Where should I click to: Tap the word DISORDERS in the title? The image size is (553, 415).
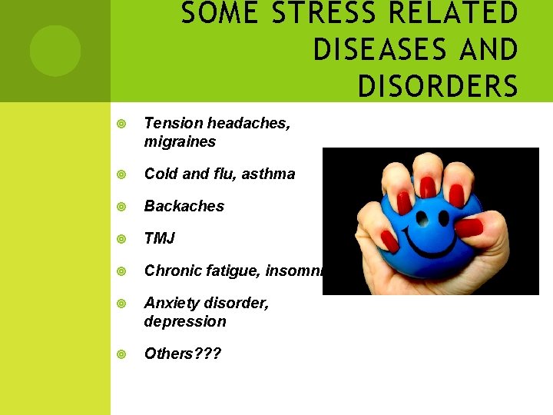pyautogui.click(x=438, y=86)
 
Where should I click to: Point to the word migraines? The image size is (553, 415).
pyautogui.click(x=180, y=142)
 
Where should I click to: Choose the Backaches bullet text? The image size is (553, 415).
pyautogui.click(x=184, y=206)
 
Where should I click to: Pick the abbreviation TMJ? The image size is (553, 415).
pyautogui.click(x=160, y=238)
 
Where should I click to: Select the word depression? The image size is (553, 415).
pyautogui.click(x=185, y=321)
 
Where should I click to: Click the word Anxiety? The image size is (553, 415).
pyautogui.click(x=170, y=303)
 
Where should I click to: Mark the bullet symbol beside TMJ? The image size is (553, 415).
pyautogui.click(x=121, y=239)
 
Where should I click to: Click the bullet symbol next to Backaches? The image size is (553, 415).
pyautogui.click(x=121, y=207)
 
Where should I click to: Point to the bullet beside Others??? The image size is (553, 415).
pyautogui.click(x=121, y=354)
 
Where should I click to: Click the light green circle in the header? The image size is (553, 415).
pyautogui.click(x=55, y=51)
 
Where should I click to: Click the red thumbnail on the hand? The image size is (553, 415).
pyautogui.click(x=468, y=228)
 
